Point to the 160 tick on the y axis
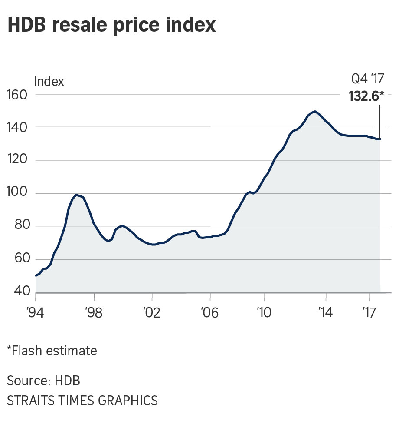17,94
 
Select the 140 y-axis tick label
17,127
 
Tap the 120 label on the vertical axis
17,160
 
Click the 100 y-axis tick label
17,194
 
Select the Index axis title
49,81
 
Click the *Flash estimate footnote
52,350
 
